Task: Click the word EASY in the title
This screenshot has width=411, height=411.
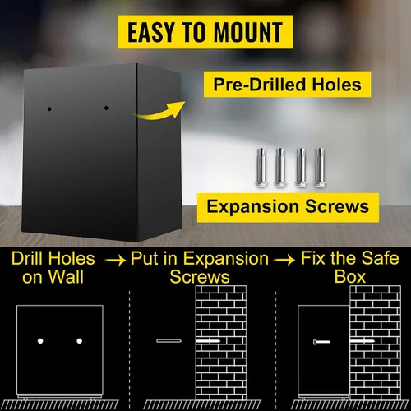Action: point(150,32)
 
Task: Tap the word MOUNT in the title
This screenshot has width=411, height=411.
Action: point(248,32)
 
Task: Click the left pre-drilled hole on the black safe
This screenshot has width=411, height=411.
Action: point(49,109)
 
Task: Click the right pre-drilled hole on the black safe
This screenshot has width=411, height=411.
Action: point(106,109)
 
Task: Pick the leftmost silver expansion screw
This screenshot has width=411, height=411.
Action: point(261,168)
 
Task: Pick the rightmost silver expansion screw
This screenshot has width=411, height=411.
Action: point(319,168)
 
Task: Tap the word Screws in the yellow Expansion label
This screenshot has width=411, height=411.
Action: point(337,206)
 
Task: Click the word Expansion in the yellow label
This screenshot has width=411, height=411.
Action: point(252,207)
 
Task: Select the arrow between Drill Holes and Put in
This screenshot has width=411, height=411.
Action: point(115,260)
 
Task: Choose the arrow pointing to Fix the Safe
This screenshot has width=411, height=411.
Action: point(285,260)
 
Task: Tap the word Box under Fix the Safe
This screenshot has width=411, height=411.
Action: point(350,277)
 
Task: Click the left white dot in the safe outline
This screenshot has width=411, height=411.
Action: point(40,341)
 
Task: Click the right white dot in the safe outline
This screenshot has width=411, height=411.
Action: point(80,341)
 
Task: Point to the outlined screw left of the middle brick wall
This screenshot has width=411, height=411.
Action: point(169,341)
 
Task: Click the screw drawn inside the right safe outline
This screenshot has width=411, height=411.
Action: point(321,342)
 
